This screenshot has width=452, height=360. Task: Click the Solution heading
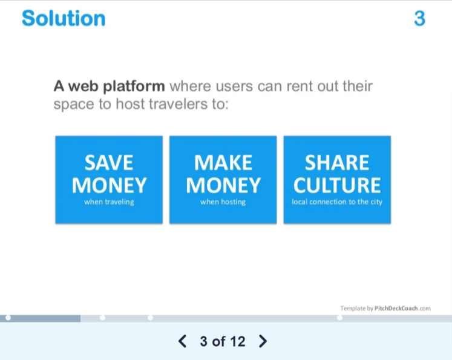click(x=64, y=18)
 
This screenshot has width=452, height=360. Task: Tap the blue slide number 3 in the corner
click(x=420, y=18)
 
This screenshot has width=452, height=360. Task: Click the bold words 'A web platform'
click(x=110, y=86)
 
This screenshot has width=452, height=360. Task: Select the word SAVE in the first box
click(x=109, y=163)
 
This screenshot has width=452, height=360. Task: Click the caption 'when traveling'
click(x=109, y=201)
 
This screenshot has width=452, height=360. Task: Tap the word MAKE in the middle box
click(x=223, y=163)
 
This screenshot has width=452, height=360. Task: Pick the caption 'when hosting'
click(x=223, y=201)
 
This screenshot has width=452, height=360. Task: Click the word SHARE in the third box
click(x=337, y=163)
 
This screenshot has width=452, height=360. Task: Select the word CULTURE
click(x=337, y=185)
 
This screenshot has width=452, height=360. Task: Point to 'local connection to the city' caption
click(x=337, y=201)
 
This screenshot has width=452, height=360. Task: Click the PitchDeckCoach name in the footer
click(x=396, y=309)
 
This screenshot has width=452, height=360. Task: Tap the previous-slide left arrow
click(x=183, y=341)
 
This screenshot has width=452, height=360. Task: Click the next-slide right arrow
click(x=263, y=341)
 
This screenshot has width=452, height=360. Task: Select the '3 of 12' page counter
click(x=223, y=342)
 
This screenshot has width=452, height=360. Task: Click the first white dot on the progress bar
click(x=8, y=318)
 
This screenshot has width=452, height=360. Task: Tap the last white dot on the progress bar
click(x=340, y=318)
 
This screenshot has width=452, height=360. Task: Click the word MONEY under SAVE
click(x=109, y=185)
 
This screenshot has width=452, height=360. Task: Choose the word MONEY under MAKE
click(x=223, y=185)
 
